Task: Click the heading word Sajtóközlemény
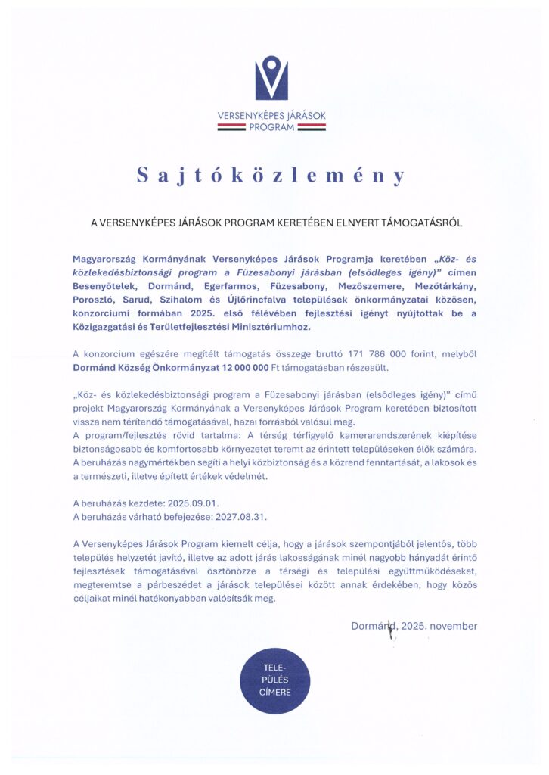(271, 176)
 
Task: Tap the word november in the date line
(452, 626)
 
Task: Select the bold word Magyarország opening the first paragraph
(107, 259)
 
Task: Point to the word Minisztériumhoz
(264, 327)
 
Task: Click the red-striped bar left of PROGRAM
(231, 127)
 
